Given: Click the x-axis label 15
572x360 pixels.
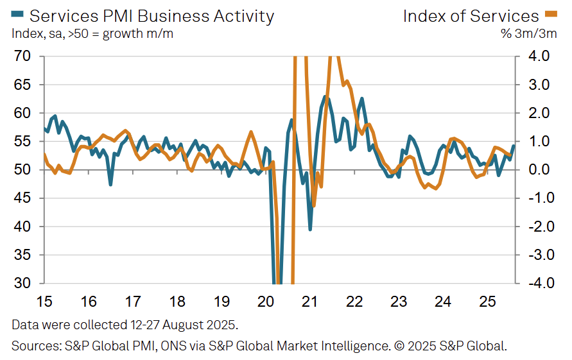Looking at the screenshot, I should click(x=44, y=302).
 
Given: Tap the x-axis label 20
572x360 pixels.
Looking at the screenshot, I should click(x=266, y=302).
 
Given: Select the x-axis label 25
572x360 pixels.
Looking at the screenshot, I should click(x=489, y=302).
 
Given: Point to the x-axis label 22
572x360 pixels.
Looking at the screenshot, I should click(x=355, y=302).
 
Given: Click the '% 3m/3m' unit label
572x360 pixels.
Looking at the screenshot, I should click(x=529, y=33).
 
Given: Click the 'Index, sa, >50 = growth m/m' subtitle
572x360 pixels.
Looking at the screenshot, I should click(x=92, y=33).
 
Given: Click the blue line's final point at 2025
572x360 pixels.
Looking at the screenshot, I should click(x=514, y=146).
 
